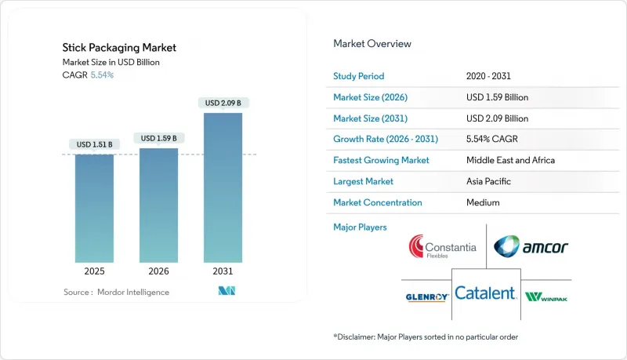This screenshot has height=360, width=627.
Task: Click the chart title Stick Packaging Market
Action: tap(119, 48)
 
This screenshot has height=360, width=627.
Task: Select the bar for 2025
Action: tap(94, 208)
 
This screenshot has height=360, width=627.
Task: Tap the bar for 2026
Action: tap(158, 205)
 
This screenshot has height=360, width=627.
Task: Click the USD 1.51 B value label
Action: tap(94, 144)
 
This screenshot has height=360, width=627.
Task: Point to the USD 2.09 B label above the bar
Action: tap(223, 103)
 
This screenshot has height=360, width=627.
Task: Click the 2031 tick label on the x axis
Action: tap(223, 271)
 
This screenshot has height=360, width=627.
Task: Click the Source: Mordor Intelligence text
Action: tap(117, 292)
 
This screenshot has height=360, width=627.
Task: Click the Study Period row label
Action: tap(359, 77)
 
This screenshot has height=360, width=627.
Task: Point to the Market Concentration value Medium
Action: tap(482, 202)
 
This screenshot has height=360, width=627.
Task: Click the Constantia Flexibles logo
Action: tap(442, 249)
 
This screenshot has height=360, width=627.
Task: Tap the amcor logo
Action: tap(531, 247)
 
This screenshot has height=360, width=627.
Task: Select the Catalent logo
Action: tap(486, 294)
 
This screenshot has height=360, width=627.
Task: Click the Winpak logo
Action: tap(546, 296)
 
